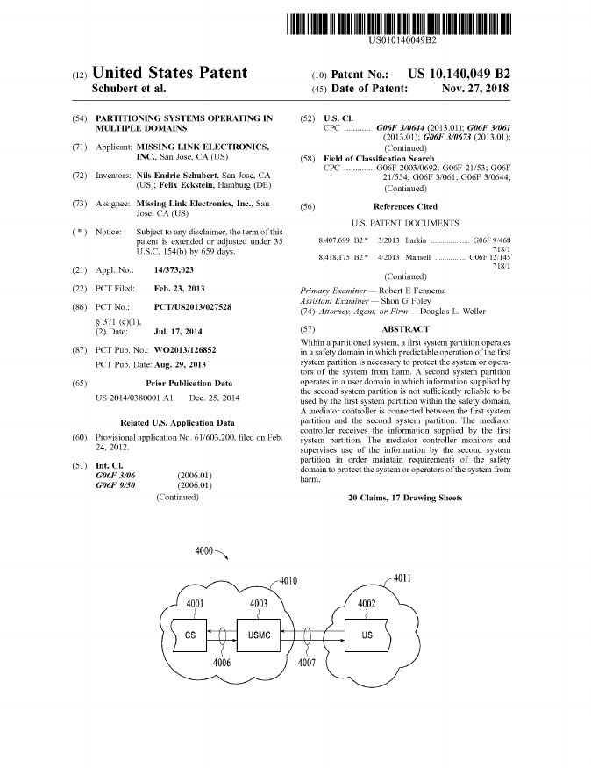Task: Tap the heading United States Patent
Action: [169, 73]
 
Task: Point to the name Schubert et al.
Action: [129, 89]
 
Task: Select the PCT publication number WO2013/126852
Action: [184, 349]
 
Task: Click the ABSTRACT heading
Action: [405, 328]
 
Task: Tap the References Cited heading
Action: [405, 206]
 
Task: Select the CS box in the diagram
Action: [190, 634]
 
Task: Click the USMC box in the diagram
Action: [259, 634]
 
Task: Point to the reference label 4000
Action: [203, 550]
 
